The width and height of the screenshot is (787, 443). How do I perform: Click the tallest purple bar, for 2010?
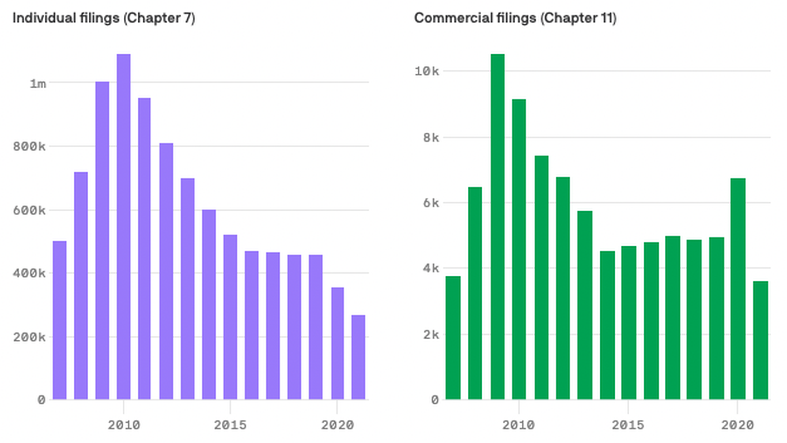click(x=123, y=226)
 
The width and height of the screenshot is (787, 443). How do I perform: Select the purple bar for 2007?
click(x=59, y=320)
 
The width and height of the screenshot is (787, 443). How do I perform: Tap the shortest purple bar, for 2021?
click(x=358, y=357)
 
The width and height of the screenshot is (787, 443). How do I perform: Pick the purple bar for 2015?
click(x=230, y=317)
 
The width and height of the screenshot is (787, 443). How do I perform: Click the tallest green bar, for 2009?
click(x=497, y=226)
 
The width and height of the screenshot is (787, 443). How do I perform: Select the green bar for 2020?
click(x=738, y=288)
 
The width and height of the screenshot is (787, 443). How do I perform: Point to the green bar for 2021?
click(x=760, y=340)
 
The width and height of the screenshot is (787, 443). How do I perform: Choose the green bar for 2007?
click(x=453, y=337)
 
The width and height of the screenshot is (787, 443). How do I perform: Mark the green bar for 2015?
click(x=629, y=322)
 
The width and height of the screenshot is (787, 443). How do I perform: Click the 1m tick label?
click(x=37, y=83)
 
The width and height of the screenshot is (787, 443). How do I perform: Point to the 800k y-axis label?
click(x=29, y=147)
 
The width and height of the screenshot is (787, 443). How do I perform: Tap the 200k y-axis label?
click(x=29, y=337)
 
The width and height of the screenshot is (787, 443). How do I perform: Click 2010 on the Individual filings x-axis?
click(x=123, y=425)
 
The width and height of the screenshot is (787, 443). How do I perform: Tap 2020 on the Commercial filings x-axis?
click(x=738, y=425)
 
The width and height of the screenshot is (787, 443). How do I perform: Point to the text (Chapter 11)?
click(x=578, y=18)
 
